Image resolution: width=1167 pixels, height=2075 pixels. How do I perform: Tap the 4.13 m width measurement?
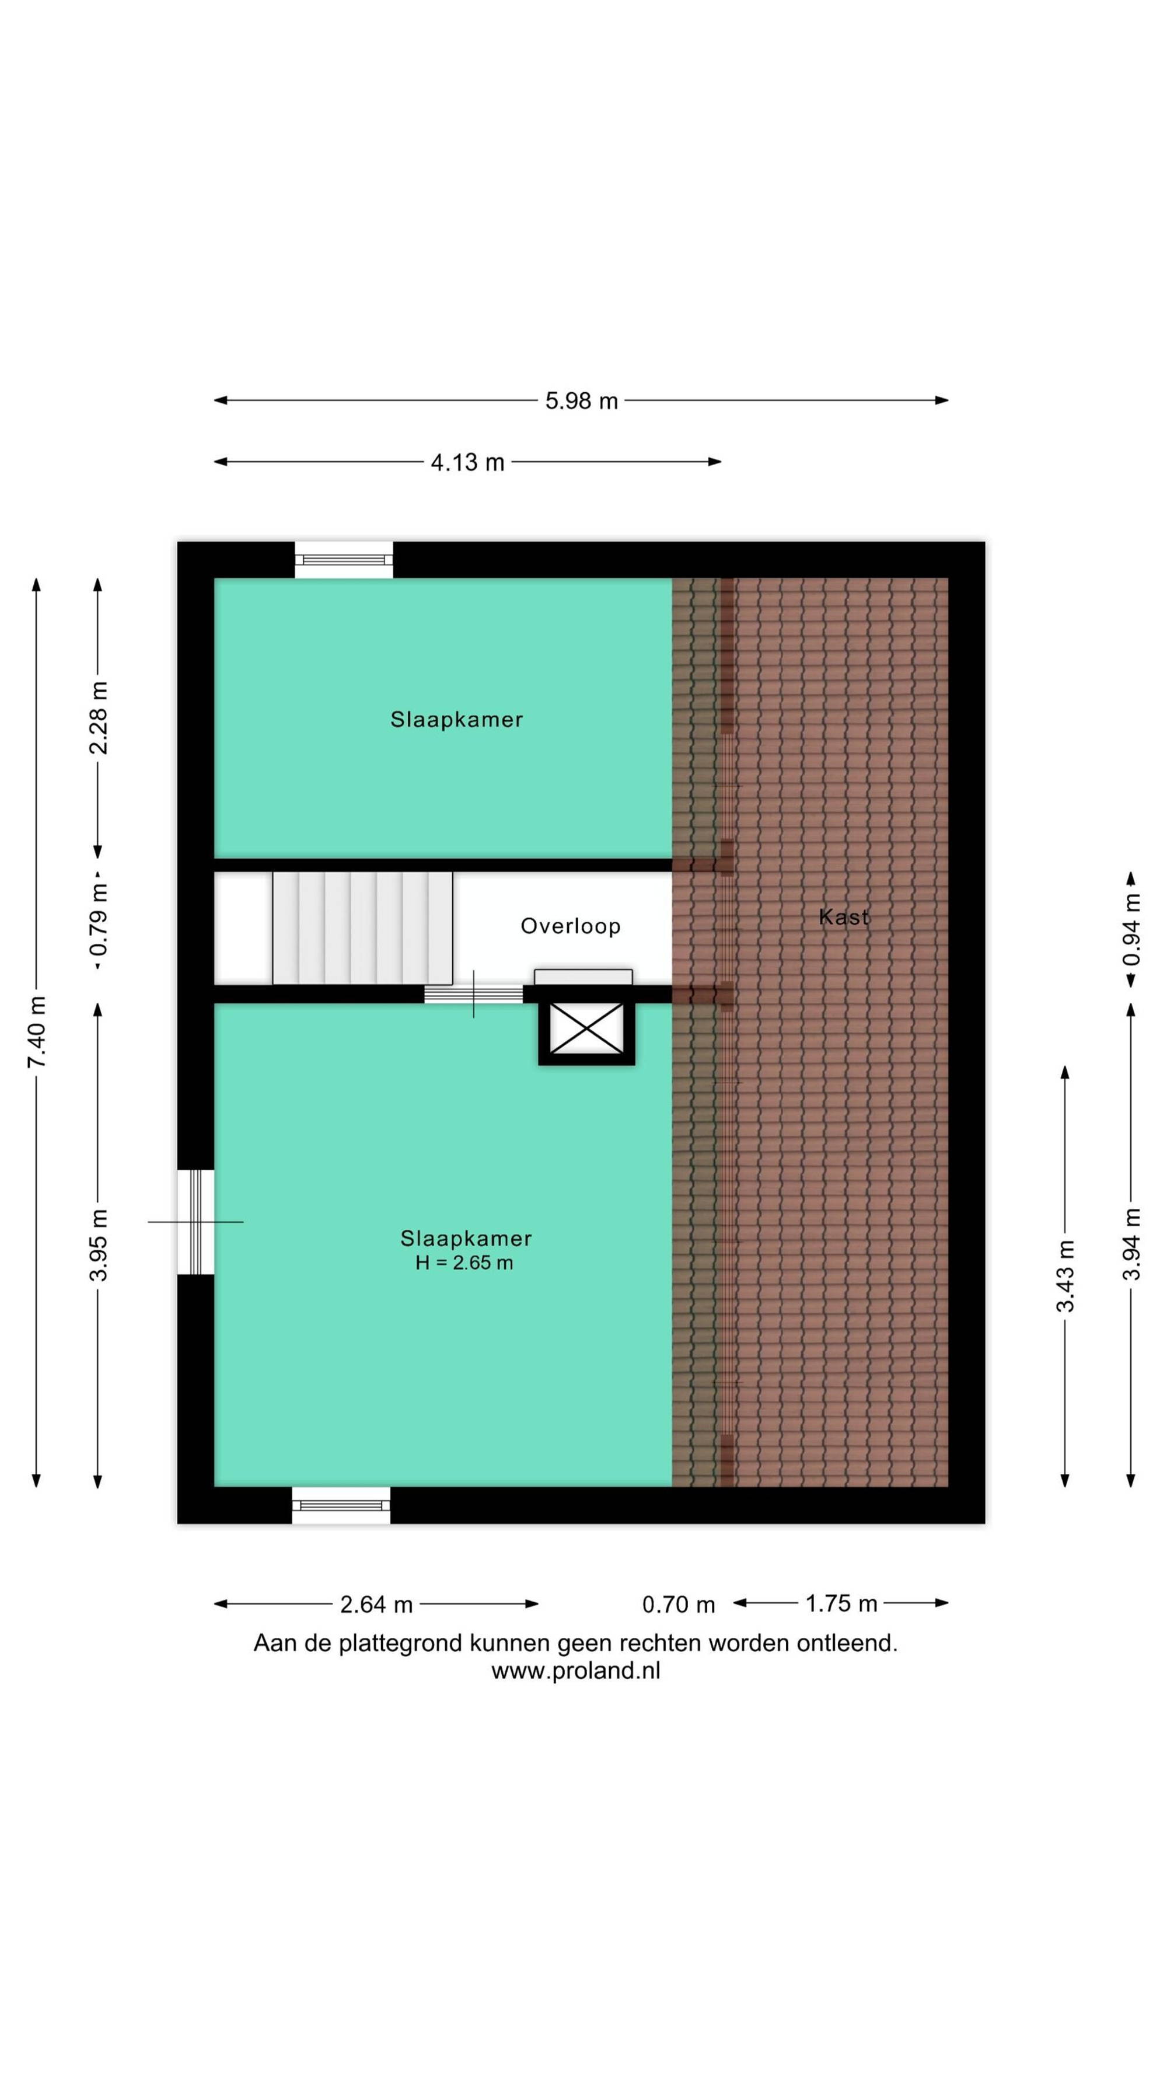467,462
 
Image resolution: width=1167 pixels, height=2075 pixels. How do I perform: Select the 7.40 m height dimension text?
36,1032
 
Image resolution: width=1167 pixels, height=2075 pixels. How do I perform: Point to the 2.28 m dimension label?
98,718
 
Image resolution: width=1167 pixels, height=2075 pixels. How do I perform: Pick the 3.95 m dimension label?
98,1244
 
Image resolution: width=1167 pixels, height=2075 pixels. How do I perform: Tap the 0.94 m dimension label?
1131,930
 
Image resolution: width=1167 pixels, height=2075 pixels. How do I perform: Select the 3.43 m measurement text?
1065,1276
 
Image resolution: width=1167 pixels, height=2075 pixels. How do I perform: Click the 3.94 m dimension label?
1131,1244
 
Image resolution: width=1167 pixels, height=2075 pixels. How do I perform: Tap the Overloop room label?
570,926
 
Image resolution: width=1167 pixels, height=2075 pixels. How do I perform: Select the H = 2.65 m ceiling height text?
464,1263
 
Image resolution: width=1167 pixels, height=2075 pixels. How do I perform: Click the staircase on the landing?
362,928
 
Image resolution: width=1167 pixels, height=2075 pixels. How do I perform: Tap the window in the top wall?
344,560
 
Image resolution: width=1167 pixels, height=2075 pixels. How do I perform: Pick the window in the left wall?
195,1222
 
